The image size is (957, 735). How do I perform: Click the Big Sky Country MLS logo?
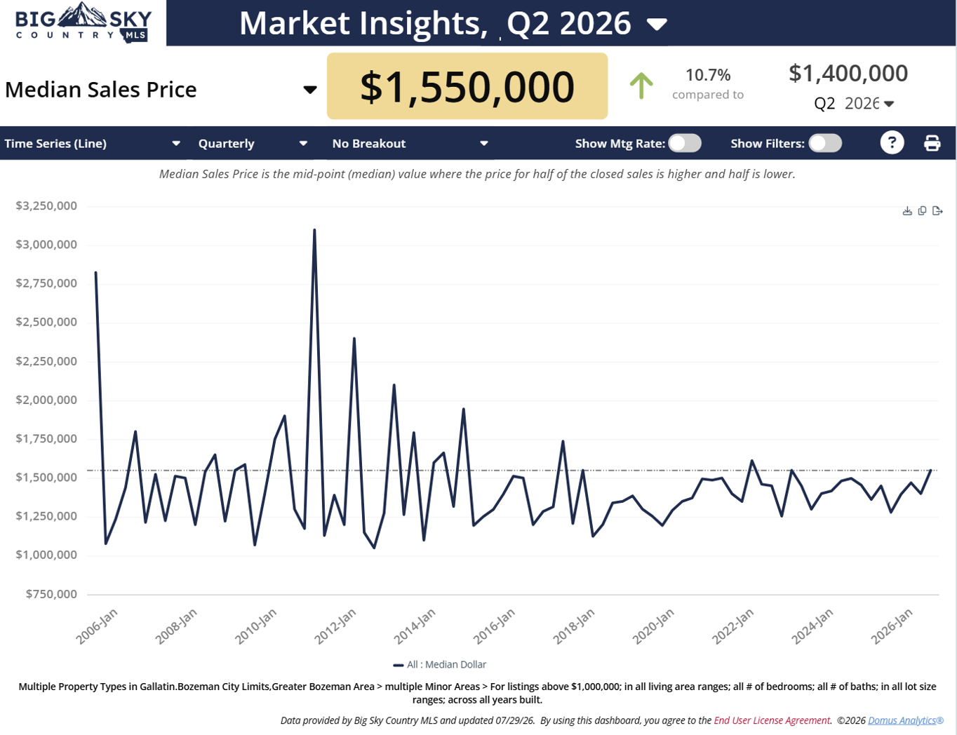(83, 22)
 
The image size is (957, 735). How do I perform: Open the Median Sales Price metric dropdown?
(310, 90)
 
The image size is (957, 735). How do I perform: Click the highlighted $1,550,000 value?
(467, 86)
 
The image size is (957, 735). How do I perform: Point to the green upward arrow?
(641, 86)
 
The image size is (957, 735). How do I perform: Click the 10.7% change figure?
(708, 75)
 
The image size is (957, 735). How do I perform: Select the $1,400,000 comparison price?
(848, 73)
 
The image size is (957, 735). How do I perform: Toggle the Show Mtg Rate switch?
(685, 144)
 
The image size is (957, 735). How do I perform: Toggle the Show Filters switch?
(825, 144)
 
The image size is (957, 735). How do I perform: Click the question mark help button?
(892, 143)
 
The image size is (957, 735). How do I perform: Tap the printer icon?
(932, 144)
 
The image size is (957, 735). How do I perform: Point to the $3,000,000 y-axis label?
(46, 245)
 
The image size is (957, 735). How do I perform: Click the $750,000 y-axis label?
(51, 594)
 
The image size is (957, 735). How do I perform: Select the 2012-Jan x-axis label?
(335, 626)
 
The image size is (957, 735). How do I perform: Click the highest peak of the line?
(314, 230)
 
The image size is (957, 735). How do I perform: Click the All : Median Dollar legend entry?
(439, 665)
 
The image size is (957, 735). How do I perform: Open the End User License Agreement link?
(772, 720)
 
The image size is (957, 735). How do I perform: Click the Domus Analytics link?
(906, 720)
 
